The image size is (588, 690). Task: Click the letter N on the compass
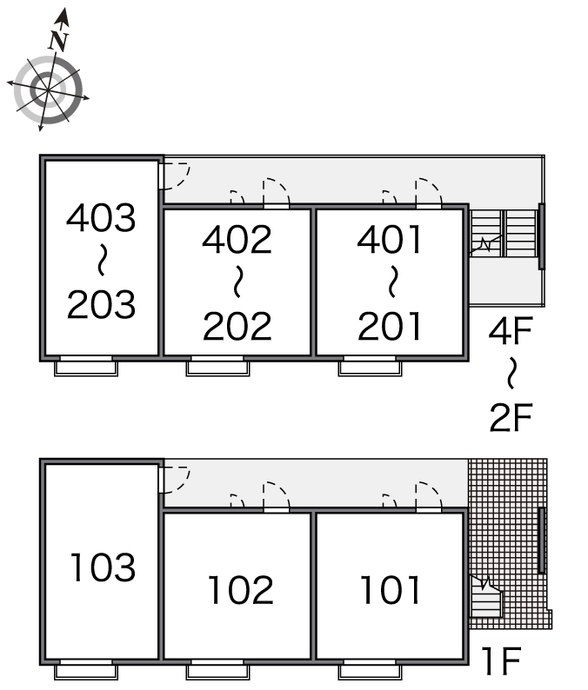pyautogui.click(x=58, y=41)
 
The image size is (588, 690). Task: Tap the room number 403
pyautogui.click(x=101, y=217)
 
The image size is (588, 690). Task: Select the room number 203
pyautogui.click(x=101, y=304)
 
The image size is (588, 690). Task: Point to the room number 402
pyautogui.click(x=237, y=239)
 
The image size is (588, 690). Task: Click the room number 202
pyautogui.click(x=237, y=326)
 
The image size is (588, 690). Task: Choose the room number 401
pyautogui.click(x=389, y=239)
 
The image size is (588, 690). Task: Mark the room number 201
pyautogui.click(x=389, y=326)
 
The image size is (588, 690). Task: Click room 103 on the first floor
pyautogui.click(x=103, y=567)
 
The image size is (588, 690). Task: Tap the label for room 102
pyautogui.click(x=240, y=590)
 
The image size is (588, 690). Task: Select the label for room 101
pyautogui.click(x=390, y=590)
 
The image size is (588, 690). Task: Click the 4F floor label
pyautogui.click(x=511, y=331)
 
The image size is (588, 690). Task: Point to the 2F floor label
pyautogui.click(x=511, y=417)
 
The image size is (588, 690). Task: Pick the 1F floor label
pyautogui.click(x=502, y=660)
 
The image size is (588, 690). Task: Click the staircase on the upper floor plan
pyautogui.click(x=504, y=233)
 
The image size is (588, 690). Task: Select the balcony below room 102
pyautogui.click(x=217, y=672)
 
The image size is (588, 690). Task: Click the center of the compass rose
pyautogui.click(x=48, y=90)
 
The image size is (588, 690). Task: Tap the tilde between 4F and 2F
pyautogui.click(x=511, y=373)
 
